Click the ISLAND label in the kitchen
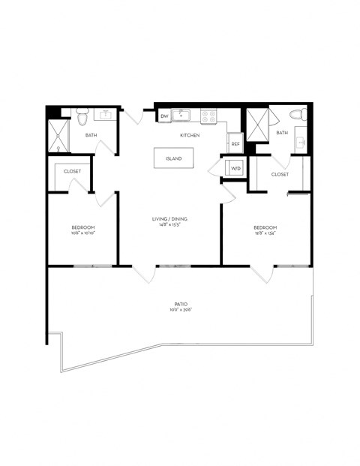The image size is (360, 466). coord(173,159)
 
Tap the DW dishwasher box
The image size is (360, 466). coord(164,116)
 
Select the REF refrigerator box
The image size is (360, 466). coord(235,143)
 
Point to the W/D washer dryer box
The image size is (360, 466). coord(235,169)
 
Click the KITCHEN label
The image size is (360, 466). coord(189,135)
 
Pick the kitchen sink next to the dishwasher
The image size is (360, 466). coord(182,116)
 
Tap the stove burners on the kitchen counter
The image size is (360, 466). coord(206,116)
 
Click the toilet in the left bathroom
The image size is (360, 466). coord(82,116)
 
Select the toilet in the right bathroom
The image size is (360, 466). coord(296,115)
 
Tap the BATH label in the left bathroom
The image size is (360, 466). coord(91,135)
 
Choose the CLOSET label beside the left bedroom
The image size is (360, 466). coord(72,171)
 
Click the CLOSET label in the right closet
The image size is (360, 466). coord(280,174)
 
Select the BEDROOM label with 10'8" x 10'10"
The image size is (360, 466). coord(82,227)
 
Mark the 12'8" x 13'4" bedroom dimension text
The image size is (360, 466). coord(265,233)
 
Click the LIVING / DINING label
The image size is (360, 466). coord(169,218)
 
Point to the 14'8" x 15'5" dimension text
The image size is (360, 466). coord(169,224)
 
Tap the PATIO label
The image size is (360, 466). coord(180,303)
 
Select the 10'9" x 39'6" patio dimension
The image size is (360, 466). coord(180,309)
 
